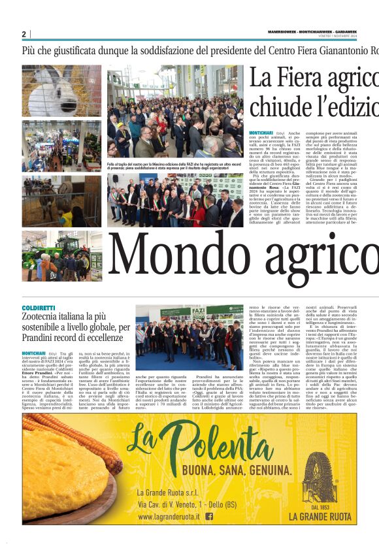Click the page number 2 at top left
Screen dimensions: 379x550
coord(24,34)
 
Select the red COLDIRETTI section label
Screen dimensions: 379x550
coord(39,307)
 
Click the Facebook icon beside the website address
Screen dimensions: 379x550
coord(209,516)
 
